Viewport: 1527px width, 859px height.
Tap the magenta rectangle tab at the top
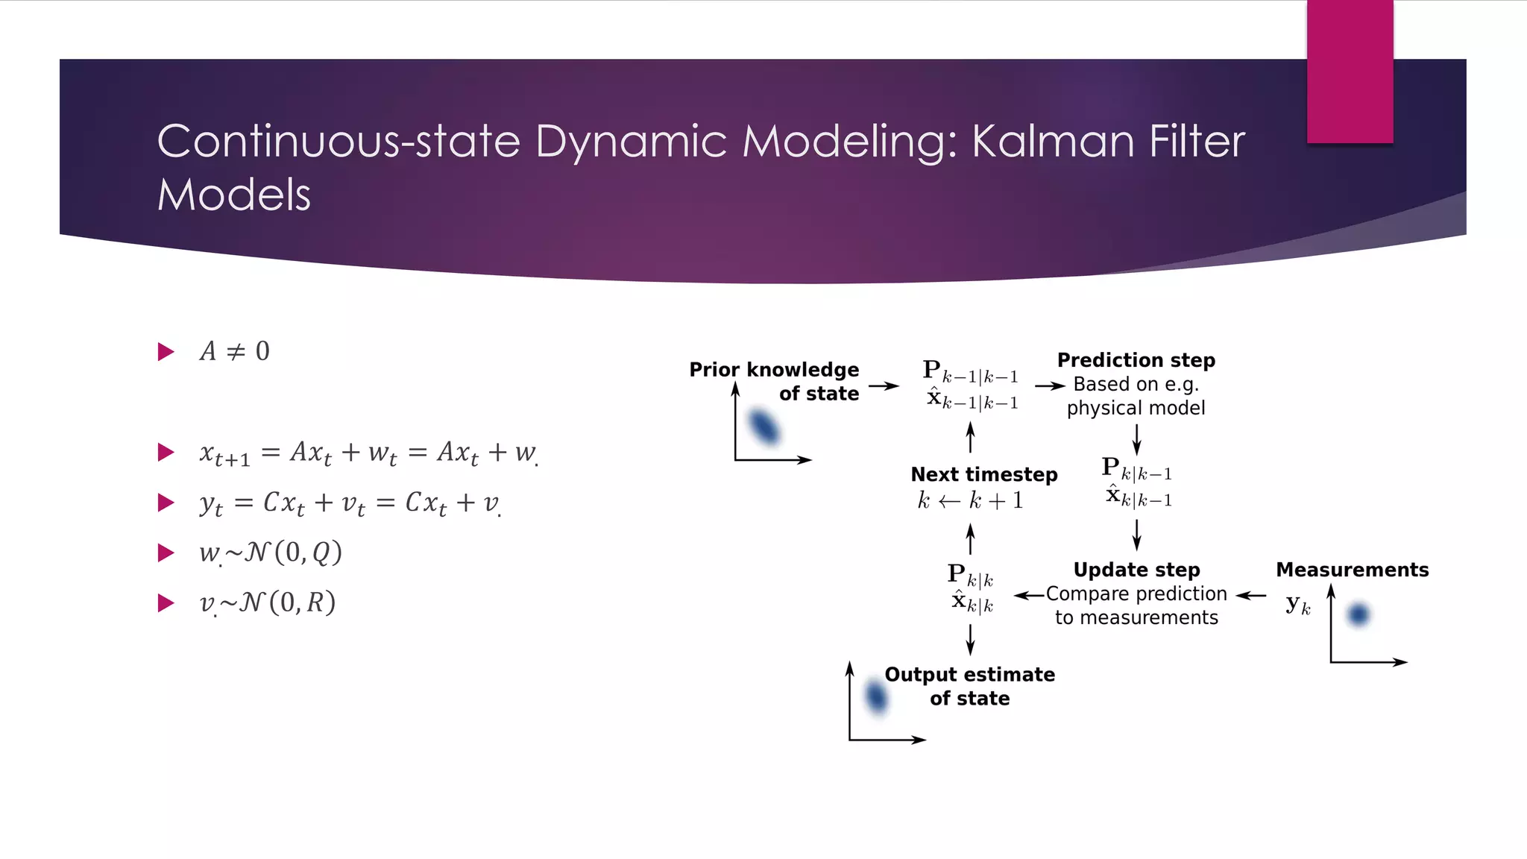click(x=1350, y=72)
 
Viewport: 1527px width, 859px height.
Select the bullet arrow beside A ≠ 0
click(x=166, y=351)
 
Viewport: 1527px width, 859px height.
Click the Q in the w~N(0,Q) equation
click(x=321, y=553)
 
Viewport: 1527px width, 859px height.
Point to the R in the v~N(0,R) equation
click(x=315, y=602)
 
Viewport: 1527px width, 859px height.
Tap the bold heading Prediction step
click(x=1136, y=360)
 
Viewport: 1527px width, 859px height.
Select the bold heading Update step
click(x=1136, y=570)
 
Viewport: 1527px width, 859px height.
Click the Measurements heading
click(x=1352, y=570)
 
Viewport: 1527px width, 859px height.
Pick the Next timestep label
click(x=983, y=474)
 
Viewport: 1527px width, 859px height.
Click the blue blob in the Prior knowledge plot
click(x=763, y=427)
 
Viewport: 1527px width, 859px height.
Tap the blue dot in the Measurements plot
click(x=1358, y=614)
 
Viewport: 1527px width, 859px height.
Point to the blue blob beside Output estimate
click(x=876, y=697)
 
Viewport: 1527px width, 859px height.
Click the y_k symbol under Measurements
click(x=1297, y=604)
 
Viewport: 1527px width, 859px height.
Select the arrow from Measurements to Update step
click(x=1251, y=595)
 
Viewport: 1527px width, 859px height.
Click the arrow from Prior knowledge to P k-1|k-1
click(x=884, y=386)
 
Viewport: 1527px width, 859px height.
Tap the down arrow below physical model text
click(x=1136, y=439)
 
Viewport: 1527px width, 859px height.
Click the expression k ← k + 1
click(x=970, y=500)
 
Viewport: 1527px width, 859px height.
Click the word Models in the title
click(x=233, y=195)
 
